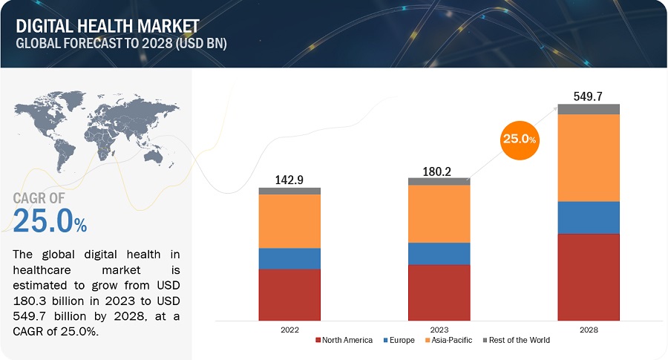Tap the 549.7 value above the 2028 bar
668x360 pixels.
tap(589, 95)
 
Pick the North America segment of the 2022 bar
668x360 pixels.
tap(289, 295)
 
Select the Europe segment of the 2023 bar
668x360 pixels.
tap(439, 253)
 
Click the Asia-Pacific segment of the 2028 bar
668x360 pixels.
tap(589, 157)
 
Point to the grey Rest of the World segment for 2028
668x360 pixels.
tap(589, 109)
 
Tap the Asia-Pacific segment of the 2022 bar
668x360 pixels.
tap(289, 220)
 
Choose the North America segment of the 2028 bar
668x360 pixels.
tap(589, 277)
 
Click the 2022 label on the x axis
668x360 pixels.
tap(289, 329)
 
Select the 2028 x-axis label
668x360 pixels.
tap(589, 329)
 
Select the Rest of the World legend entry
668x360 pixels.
tap(517, 340)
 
